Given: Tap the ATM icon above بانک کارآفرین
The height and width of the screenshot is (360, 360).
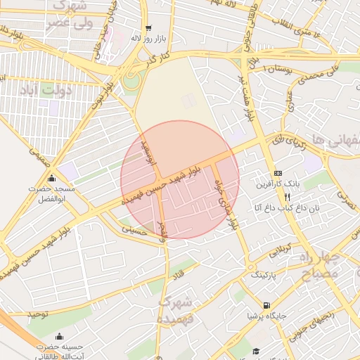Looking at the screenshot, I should pyautogui.click(x=278, y=172).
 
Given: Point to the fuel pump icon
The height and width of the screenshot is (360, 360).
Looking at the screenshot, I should pyautogui.click(x=266, y=305).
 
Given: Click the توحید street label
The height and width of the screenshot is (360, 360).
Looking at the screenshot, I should pyautogui.click(x=41, y=311).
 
